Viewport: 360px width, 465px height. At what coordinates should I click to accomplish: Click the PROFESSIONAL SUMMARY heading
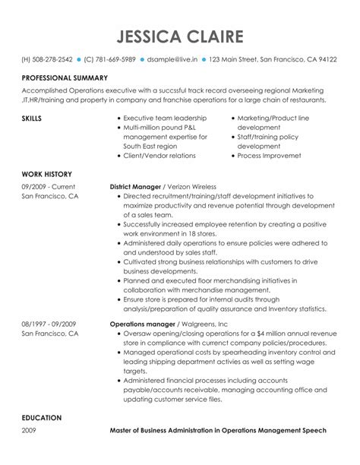pyautogui.click(x=65, y=78)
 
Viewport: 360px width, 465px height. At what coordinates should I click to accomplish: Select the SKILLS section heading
pyautogui.click(x=31, y=119)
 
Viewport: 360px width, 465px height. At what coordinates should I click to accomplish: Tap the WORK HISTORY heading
pyautogui.click(x=46, y=174)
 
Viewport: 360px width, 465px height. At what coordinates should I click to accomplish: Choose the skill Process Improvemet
pyautogui.click(x=272, y=155)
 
